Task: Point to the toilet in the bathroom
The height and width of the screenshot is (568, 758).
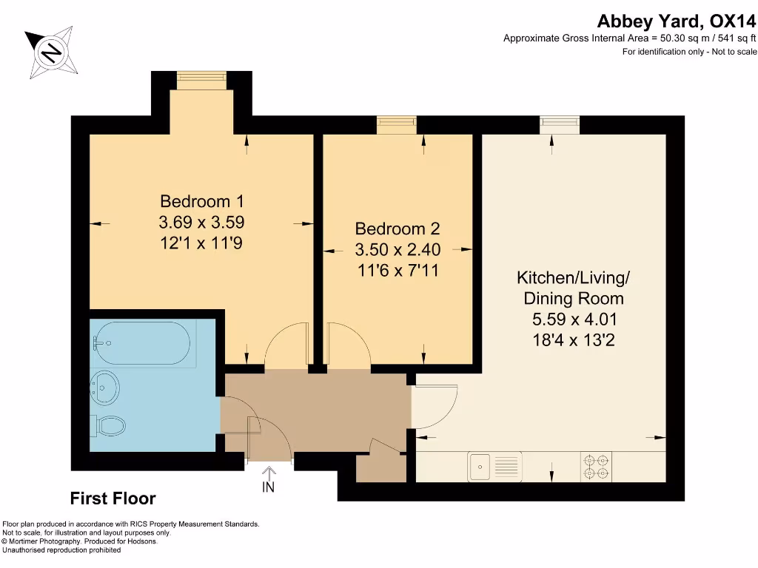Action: point(108,426)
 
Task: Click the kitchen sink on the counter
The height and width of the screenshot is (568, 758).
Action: point(494,467)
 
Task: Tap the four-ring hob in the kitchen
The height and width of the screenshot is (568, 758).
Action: point(597,467)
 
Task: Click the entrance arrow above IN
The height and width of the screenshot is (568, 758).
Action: point(268,473)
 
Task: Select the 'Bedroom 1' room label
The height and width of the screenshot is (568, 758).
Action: point(201,201)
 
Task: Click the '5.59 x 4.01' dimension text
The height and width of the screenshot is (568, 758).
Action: point(574,320)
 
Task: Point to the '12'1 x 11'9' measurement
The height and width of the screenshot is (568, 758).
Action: point(201,243)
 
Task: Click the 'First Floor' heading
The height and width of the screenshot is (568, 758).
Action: point(113,498)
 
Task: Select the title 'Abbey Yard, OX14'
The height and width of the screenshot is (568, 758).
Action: point(677,21)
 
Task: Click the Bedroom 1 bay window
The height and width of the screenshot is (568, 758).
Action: point(201,80)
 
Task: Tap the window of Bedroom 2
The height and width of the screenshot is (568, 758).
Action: point(397,124)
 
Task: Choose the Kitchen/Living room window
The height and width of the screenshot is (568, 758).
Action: point(560,124)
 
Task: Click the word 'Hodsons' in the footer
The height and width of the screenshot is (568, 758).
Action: point(142,541)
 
